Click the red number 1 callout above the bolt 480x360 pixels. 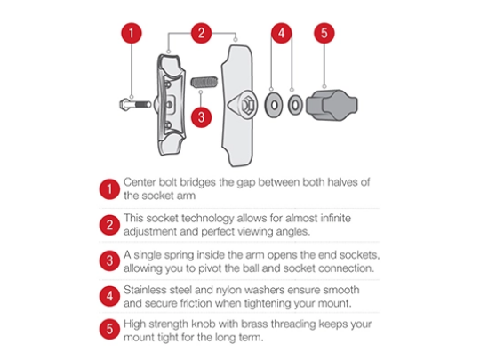click(x=132, y=33)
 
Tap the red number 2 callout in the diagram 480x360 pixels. click(x=201, y=33)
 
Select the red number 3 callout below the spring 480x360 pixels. click(x=201, y=117)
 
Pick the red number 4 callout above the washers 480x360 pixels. click(x=281, y=33)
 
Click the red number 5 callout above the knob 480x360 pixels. click(x=324, y=33)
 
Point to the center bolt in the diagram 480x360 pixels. click(x=135, y=105)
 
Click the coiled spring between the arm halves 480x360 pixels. click(x=204, y=82)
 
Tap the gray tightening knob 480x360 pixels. click(x=332, y=105)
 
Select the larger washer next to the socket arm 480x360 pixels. click(x=274, y=105)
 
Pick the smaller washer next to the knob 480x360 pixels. click(x=295, y=105)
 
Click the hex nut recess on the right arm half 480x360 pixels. click(x=247, y=105)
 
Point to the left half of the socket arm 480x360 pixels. click(x=171, y=105)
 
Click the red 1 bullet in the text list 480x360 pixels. click(x=109, y=189)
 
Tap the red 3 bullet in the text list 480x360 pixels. click(x=109, y=260)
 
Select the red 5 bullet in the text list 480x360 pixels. click(x=109, y=330)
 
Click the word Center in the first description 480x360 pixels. click(x=140, y=182)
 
